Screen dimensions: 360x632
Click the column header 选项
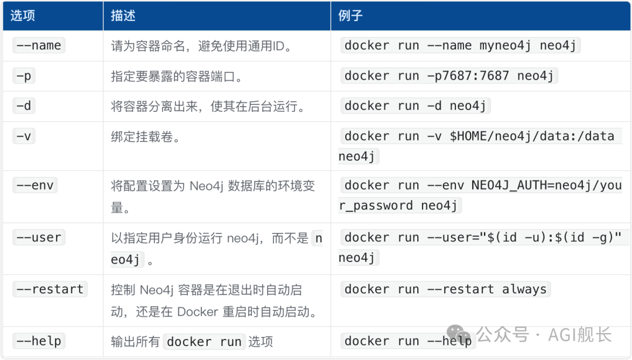(23, 15)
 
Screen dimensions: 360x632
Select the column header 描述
(123, 15)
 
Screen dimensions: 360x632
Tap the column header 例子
(351, 15)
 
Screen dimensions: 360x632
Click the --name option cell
(39, 46)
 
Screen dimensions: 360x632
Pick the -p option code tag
(24, 76)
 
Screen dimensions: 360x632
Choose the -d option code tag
(24, 106)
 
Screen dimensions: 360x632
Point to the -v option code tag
(24, 136)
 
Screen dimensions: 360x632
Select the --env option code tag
(35, 186)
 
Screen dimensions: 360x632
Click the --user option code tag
(39, 238)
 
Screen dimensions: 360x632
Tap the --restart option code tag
(50, 289)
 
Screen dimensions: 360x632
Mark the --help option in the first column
(39, 341)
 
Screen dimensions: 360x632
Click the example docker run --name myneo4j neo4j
(461, 46)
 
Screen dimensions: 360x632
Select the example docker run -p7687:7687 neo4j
(449, 76)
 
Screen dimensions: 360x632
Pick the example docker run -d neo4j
(415, 106)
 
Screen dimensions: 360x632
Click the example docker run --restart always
(445, 289)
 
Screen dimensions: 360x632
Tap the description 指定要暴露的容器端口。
(177, 76)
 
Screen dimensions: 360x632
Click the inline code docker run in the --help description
(204, 342)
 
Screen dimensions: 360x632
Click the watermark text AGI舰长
(580, 335)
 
